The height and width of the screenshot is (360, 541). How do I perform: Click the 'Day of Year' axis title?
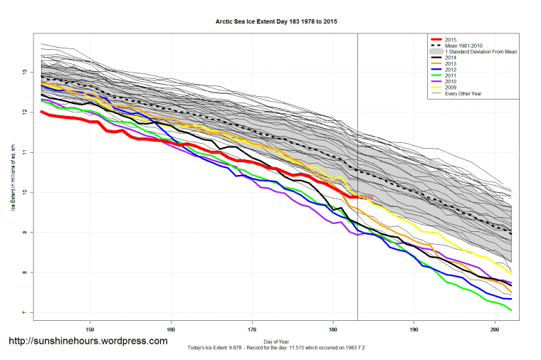(x=276, y=341)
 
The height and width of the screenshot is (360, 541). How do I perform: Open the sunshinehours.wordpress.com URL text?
(x=88, y=342)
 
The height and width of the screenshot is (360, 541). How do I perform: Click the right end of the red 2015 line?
(x=357, y=197)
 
